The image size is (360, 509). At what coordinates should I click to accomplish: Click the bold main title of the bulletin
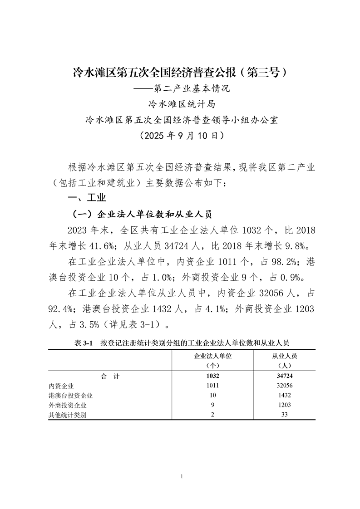pos(180,72)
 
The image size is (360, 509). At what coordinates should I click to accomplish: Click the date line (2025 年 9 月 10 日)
pos(180,135)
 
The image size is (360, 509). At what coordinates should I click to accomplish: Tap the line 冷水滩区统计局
pos(180,104)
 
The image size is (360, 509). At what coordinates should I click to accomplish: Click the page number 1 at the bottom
pos(181,476)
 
